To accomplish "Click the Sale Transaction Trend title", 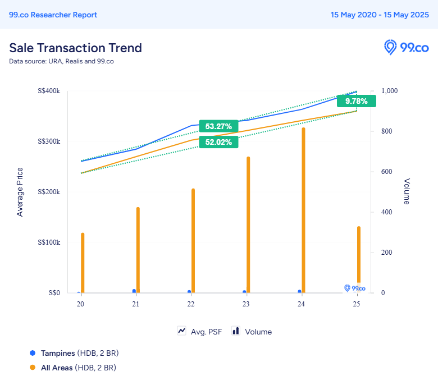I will [75, 48].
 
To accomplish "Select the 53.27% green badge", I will [218, 126].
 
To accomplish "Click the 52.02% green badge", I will [218, 142].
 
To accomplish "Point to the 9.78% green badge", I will [356, 101].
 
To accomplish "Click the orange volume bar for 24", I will [303, 210].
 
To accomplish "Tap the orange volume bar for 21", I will [138, 250].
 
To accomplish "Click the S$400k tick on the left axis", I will [50, 91].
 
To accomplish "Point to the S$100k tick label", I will [50, 242].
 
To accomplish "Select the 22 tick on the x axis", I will [191, 304].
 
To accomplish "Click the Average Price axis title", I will [20, 192].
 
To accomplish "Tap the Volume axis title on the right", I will [407, 192].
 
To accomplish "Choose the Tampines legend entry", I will [74, 353].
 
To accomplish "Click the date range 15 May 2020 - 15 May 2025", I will [380, 15].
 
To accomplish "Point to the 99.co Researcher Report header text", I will [53, 15].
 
